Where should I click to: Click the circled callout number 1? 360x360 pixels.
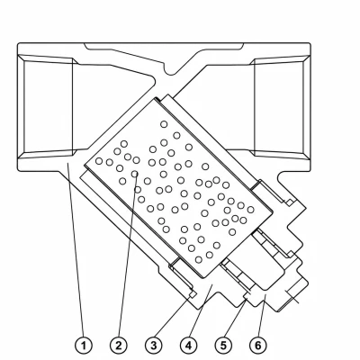coord(84,346)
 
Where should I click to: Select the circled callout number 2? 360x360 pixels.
coord(119,346)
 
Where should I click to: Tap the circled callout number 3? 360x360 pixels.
coord(154,346)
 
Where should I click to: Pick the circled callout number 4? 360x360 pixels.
coord(188,346)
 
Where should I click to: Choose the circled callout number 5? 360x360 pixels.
coord(223,346)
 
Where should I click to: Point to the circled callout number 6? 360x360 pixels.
coord(258,346)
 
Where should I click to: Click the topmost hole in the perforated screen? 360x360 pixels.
coord(164,124)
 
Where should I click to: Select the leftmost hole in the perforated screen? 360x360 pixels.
coord(99,161)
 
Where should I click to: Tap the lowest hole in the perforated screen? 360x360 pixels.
coord(199,259)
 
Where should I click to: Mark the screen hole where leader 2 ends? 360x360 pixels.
coord(135,174)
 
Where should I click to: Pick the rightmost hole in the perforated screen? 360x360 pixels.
coord(250,210)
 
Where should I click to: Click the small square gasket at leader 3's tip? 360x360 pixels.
coord(193,294)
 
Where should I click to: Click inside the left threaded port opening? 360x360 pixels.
coord(48,106)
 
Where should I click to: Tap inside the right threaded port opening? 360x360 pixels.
coord(279,106)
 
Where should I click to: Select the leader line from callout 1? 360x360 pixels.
coord(76,250)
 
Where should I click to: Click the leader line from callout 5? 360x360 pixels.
coord(236,319)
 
